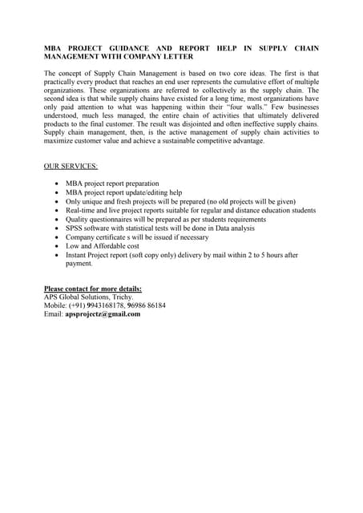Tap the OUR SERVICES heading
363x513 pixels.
(71, 166)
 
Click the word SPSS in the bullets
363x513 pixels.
(75, 228)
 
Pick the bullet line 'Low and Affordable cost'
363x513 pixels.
(103, 246)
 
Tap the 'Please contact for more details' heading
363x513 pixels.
(93, 288)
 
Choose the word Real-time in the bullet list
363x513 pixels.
(82, 210)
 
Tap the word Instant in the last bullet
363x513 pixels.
(78, 255)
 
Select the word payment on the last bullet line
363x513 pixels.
(79, 264)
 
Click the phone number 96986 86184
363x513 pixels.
(146, 305)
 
